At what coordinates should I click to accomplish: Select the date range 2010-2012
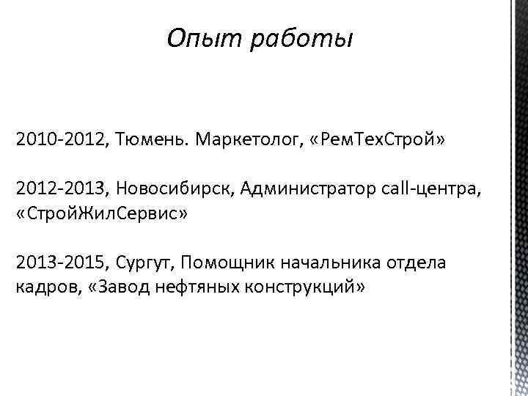click(61, 140)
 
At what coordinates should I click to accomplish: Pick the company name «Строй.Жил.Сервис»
click(97, 214)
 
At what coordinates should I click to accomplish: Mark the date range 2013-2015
click(61, 263)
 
